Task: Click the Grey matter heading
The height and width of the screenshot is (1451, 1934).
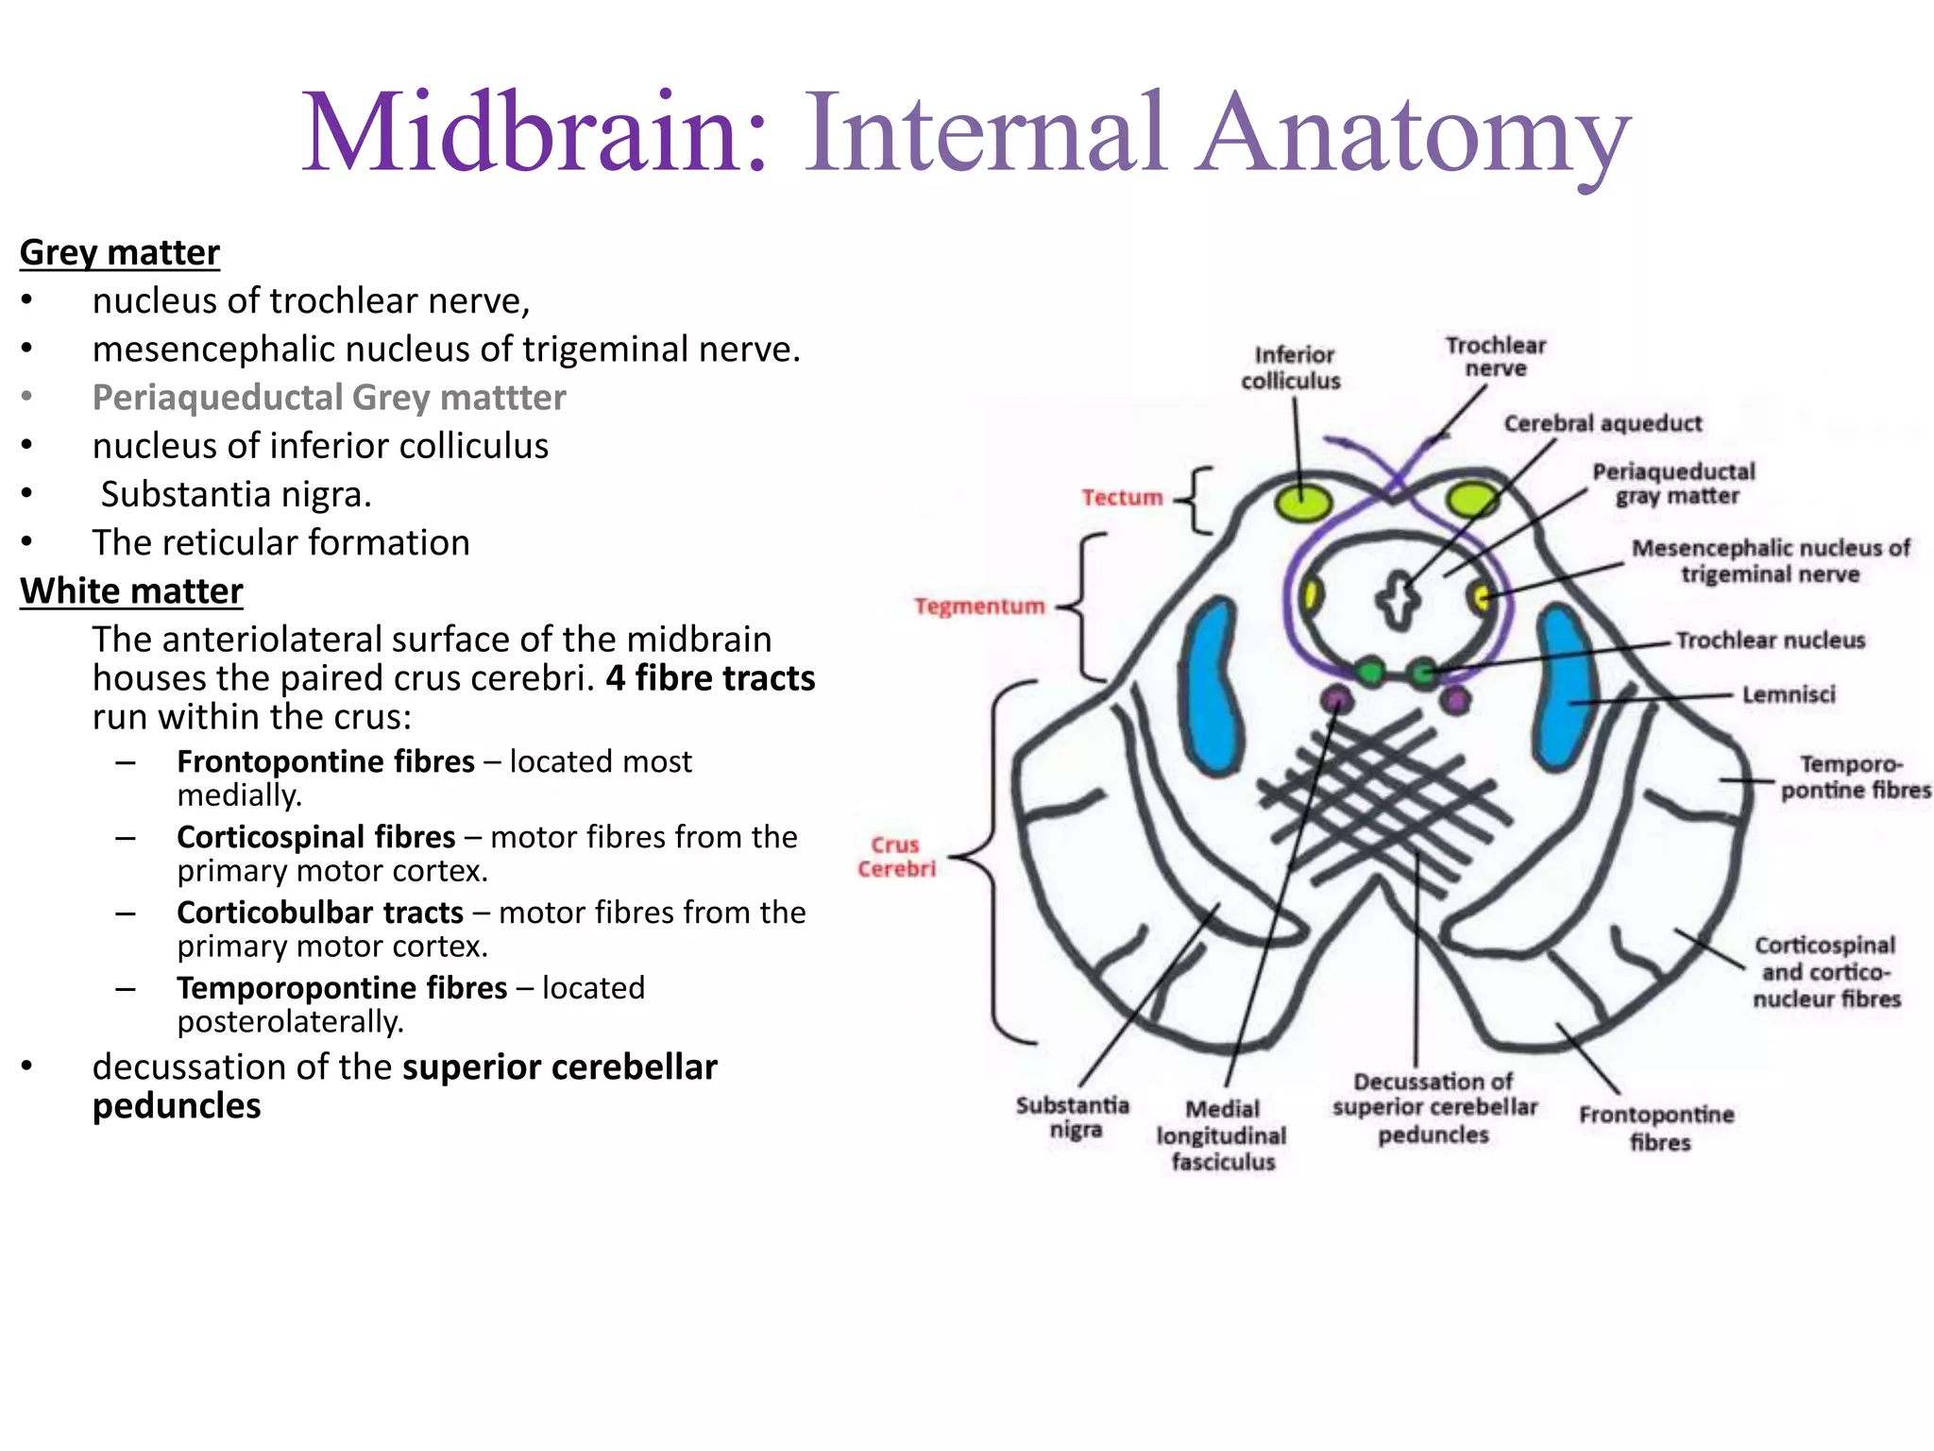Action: [x=119, y=253]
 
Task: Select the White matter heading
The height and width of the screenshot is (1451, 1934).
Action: [x=131, y=591]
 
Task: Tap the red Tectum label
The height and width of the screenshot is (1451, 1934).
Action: [x=1122, y=498]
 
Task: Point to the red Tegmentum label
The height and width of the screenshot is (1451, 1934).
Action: [x=979, y=606]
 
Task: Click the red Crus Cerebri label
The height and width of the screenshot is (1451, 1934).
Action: [x=896, y=857]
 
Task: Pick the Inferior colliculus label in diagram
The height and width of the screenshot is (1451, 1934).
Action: [x=1291, y=367]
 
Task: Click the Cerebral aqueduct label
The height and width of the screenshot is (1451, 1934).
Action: [x=1603, y=423]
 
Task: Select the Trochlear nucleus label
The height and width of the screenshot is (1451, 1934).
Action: [x=1771, y=640]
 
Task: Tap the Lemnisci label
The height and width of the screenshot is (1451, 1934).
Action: [x=1789, y=695]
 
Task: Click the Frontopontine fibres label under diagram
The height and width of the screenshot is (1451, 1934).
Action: [x=1656, y=1128]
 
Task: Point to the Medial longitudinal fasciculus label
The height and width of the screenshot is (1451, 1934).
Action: [x=1222, y=1135]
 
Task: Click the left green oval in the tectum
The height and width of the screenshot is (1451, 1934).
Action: [x=1303, y=502]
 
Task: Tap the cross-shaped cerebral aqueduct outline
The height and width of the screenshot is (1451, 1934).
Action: [x=1397, y=600]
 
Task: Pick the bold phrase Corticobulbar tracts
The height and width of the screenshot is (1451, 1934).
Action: [x=320, y=913]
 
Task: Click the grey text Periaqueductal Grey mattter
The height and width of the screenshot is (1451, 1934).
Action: [x=329, y=398]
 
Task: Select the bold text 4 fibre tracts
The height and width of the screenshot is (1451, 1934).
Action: [x=710, y=678]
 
